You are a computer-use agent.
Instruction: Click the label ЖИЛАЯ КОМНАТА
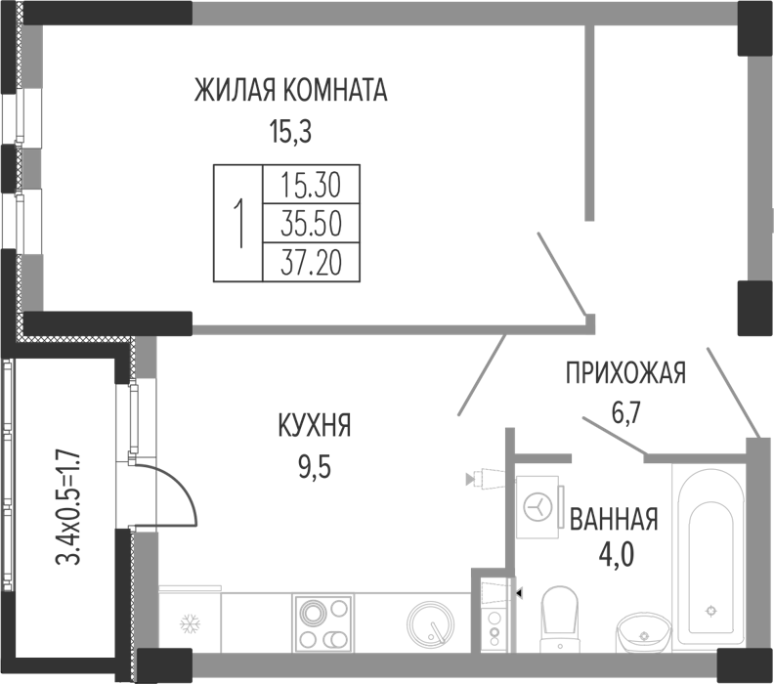coord(291,92)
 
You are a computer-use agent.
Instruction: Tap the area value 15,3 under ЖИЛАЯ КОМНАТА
coord(291,130)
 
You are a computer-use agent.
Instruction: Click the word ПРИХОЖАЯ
coord(626,372)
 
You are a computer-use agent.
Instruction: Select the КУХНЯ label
coord(314,426)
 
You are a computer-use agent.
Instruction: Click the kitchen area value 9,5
coord(314,465)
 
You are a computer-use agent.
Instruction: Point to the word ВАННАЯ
coord(615,519)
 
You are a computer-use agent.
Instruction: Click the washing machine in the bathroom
coord(537,505)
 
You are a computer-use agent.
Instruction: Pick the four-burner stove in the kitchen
coord(322,622)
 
